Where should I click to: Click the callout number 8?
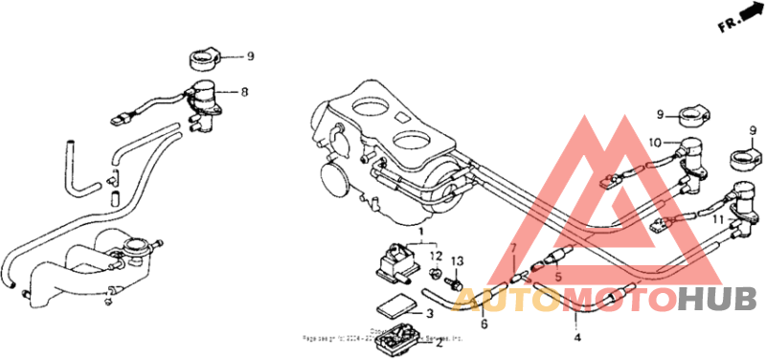coord(244,93)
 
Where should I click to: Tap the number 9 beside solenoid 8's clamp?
coord(250,56)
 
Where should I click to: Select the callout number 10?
coord(655,143)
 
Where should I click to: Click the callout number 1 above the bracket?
coord(419,232)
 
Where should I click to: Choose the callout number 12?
coord(436,256)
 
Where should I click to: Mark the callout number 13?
coord(457,260)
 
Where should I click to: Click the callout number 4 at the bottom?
coord(576,337)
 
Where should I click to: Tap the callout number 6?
coord(484,325)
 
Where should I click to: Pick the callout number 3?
coord(430,313)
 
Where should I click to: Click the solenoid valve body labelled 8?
coord(204,101)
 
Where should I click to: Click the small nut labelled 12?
coord(436,275)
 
